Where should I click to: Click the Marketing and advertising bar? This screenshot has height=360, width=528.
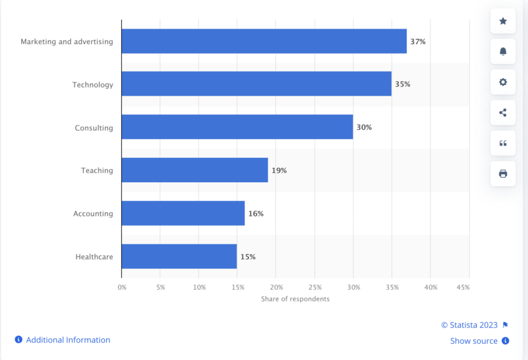click(x=264, y=42)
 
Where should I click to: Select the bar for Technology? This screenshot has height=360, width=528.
click(x=256, y=84)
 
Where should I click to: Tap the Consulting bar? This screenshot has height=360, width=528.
click(x=237, y=127)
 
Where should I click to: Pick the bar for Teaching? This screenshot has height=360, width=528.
click(x=194, y=170)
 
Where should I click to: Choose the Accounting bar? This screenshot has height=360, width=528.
click(x=183, y=213)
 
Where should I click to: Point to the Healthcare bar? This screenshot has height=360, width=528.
click(x=179, y=256)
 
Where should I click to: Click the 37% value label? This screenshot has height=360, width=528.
click(x=417, y=42)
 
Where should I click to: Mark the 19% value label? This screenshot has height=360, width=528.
click(x=279, y=170)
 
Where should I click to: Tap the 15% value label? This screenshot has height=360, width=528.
click(x=248, y=257)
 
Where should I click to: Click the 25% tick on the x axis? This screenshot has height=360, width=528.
click(x=314, y=287)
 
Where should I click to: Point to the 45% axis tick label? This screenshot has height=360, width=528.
click(x=463, y=287)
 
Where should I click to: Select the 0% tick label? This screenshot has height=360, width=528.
click(x=122, y=287)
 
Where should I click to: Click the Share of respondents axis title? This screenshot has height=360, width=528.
click(x=295, y=299)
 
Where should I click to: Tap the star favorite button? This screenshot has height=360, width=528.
click(x=503, y=21)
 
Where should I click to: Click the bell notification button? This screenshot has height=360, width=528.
click(x=503, y=52)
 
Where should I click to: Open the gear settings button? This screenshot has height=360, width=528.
click(x=503, y=82)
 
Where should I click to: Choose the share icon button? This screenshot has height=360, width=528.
click(x=503, y=113)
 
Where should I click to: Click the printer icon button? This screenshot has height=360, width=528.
click(x=503, y=173)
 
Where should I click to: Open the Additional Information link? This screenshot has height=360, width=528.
click(x=68, y=340)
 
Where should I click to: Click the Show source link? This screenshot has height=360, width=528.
click(x=474, y=341)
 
